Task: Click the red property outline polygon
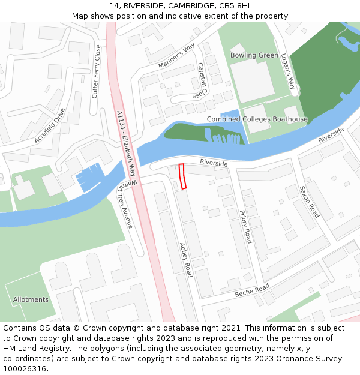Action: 182,176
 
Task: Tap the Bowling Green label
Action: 254,55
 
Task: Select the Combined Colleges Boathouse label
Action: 257,119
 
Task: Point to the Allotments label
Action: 31,299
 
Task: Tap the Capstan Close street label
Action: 200,81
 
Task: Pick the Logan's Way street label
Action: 288,71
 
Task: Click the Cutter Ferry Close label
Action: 97,71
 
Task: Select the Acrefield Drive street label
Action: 50,125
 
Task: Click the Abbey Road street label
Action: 185,260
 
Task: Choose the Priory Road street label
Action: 245,227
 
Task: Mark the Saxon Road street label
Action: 309,202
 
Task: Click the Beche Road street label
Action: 252,290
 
